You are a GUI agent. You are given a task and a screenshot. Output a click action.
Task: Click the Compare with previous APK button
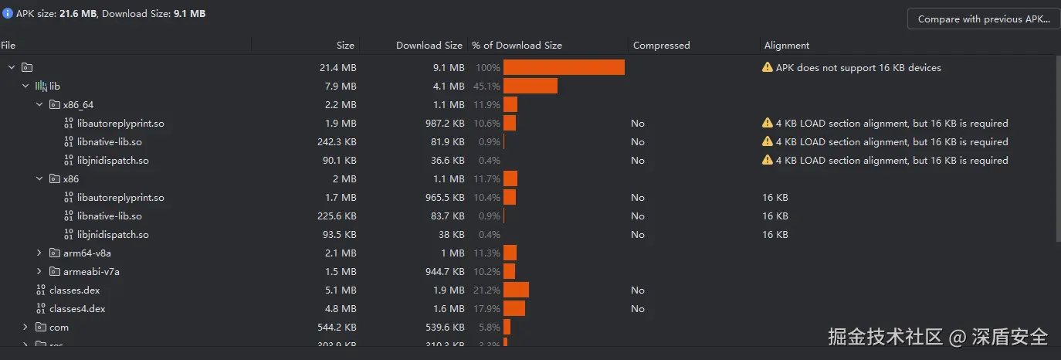982,19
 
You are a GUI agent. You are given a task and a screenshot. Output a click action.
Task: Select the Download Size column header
429,46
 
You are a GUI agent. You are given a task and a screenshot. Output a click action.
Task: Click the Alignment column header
787,46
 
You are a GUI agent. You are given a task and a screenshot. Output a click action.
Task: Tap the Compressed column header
661,46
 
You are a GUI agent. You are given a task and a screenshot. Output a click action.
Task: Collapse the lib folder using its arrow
25,86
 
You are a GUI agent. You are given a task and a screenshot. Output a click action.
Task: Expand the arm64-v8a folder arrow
39,253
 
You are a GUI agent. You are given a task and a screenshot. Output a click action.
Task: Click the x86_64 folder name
78,104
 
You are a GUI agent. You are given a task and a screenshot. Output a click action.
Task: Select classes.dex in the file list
74,290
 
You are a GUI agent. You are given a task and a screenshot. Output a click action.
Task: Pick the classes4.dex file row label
76,308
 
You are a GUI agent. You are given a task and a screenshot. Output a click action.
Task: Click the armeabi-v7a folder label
91,271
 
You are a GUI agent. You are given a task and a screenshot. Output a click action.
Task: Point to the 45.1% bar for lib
530,86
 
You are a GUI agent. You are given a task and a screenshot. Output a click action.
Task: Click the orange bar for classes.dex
516,290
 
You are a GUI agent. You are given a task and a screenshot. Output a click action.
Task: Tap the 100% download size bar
564,67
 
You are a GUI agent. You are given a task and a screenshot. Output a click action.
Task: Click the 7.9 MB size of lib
341,86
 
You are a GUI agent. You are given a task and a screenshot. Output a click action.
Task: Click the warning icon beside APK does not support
767,67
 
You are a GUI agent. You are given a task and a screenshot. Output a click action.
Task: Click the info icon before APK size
7,13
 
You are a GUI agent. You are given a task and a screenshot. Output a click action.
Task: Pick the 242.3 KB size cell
337,141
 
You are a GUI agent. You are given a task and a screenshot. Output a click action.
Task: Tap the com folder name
59,327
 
